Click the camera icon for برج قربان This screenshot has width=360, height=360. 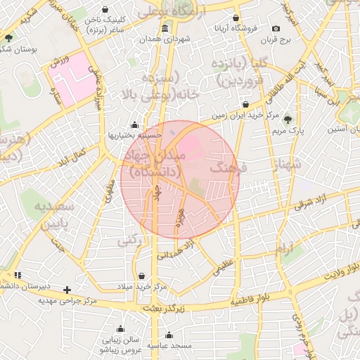[276, 29]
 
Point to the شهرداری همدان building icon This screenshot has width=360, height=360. [165, 29]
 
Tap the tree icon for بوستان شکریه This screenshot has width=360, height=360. [8, 38]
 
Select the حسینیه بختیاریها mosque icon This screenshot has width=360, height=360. [134, 126]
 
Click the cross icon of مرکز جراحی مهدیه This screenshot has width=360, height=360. [67, 290]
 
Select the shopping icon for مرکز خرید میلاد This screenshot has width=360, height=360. [143, 276]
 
